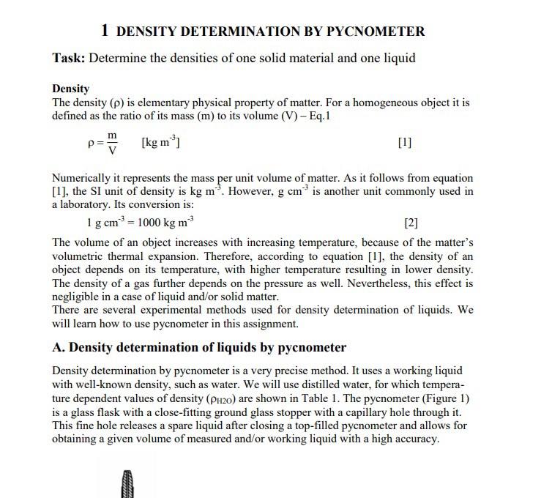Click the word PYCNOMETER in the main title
[376, 31]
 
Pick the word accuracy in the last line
[414, 439]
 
